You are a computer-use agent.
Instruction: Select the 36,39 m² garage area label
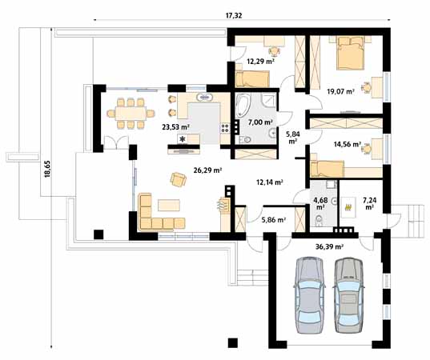(328, 247)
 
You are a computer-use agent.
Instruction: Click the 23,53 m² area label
(175, 126)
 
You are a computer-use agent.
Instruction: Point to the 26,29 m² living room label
(207, 170)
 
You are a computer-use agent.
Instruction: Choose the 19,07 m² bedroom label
(340, 91)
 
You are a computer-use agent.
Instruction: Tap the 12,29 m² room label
(259, 61)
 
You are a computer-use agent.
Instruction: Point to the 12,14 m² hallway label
(269, 182)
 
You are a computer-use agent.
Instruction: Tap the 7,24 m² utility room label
(370, 201)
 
